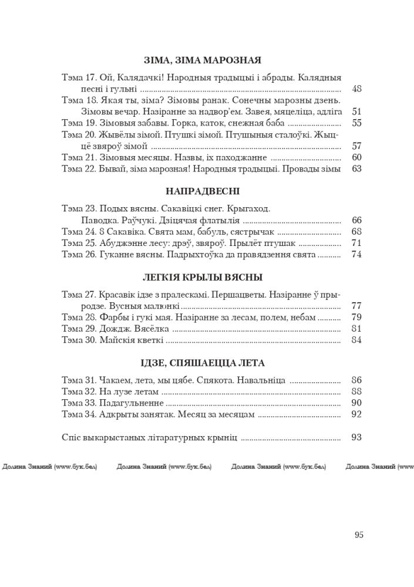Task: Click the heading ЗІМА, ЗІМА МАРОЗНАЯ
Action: pyautogui.click(x=203, y=60)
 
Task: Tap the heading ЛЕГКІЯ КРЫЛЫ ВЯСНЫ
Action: pyautogui.click(x=203, y=277)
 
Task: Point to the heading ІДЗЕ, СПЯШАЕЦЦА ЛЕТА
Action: pyautogui.click(x=203, y=362)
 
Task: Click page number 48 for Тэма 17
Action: pyautogui.click(x=356, y=89)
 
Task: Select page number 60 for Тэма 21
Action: pyautogui.click(x=356, y=157)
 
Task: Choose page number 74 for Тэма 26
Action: pyautogui.click(x=356, y=255)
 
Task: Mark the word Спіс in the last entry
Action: pyautogui.click(x=70, y=437)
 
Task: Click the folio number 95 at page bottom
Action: pyautogui.click(x=359, y=534)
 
